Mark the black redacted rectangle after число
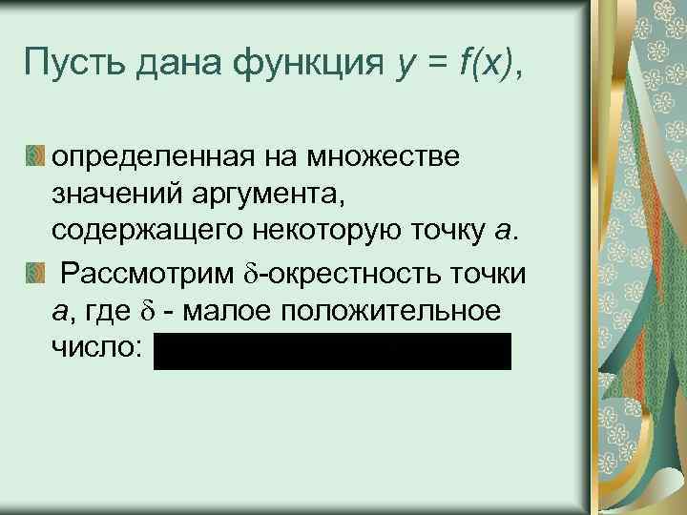tap(332, 351)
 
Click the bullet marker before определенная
tap(35, 154)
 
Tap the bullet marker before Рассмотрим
tap(35, 275)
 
